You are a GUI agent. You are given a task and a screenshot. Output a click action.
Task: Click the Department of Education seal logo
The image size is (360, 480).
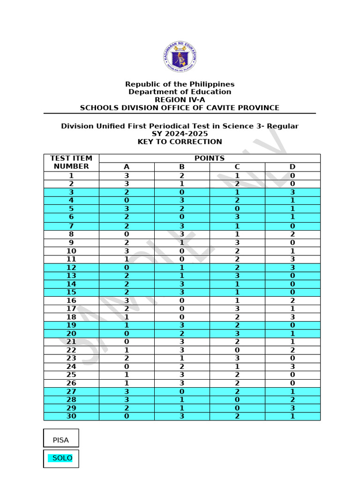[x=180, y=57]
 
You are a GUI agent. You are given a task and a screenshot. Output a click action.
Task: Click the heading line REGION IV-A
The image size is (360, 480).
[x=180, y=100]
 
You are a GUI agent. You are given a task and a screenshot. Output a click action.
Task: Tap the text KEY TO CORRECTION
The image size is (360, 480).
[x=180, y=142]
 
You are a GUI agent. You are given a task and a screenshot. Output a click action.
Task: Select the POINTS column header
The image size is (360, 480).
[x=210, y=158]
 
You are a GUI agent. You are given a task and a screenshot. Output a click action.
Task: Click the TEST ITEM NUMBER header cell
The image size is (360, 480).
[x=71, y=162]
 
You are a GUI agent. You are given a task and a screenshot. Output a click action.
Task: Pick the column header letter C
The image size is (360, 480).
[x=237, y=167]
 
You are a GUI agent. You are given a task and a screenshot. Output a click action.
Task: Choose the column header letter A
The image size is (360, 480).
[x=127, y=167]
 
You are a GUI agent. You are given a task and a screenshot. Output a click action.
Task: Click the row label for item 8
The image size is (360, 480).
[x=71, y=234]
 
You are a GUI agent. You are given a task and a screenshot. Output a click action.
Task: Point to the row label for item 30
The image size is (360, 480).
[x=71, y=416]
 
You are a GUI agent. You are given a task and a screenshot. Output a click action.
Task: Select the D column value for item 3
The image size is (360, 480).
[x=292, y=192]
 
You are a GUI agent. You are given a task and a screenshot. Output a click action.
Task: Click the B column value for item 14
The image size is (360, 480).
[x=182, y=284]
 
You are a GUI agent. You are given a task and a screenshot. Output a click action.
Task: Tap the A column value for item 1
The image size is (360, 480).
[x=127, y=176]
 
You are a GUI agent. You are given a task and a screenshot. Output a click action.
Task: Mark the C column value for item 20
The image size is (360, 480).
[x=237, y=334]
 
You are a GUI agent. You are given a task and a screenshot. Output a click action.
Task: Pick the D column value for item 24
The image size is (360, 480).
[x=292, y=367]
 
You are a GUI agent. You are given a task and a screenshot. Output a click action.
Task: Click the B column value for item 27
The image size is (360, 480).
[x=182, y=391]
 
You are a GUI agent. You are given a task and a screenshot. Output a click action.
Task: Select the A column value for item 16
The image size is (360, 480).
[x=127, y=300]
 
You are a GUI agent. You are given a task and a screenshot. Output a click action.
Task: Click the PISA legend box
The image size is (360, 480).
[x=61, y=438]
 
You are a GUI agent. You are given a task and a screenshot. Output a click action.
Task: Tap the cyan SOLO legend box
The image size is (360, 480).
[x=61, y=458]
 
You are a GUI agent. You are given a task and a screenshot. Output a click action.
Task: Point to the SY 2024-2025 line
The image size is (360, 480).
[x=180, y=134]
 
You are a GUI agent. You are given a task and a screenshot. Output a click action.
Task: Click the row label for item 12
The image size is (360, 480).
[x=71, y=268]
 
